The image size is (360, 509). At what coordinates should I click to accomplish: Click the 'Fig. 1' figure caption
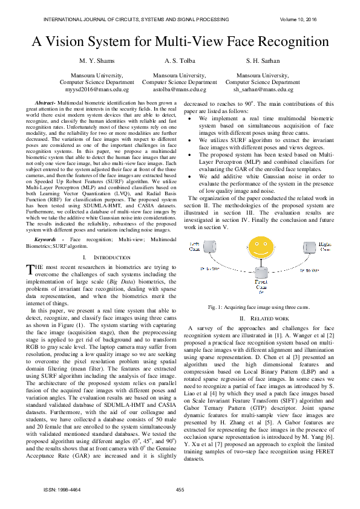pos(258,308)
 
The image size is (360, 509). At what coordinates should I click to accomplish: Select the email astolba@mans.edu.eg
pos(180,89)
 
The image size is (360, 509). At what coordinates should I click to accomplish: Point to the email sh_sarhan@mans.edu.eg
pos(263,89)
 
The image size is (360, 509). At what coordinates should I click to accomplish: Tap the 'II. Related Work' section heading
pos(259,319)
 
